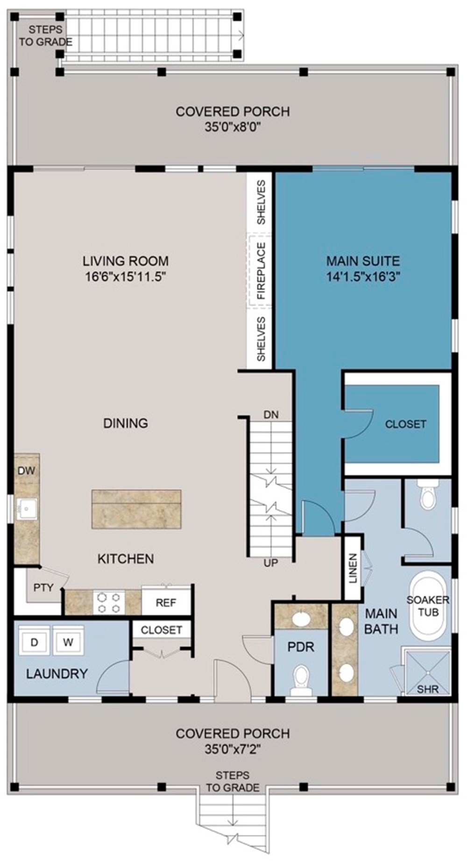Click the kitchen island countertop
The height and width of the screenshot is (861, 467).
pyautogui.click(x=136, y=508)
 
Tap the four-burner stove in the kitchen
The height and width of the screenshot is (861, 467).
pyautogui.click(x=109, y=602)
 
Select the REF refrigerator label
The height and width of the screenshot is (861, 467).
pyautogui.click(x=166, y=602)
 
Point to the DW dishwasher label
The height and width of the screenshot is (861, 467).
pyautogui.click(x=26, y=471)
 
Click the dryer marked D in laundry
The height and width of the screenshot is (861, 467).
pyautogui.click(x=34, y=642)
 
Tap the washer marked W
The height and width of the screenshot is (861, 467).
pyautogui.click(x=68, y=642)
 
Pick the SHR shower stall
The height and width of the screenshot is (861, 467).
pyautogui.click(x=427, y=672)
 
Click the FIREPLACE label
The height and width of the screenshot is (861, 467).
pyautogui.click(x=261, y=271)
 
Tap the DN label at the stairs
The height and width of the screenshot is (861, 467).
pyautogui.click(x=271, y=414)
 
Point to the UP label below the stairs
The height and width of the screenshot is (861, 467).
pyautogui.click(x=271, y=563)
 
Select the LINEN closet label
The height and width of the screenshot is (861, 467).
pyautogui.click(x=353, y=568)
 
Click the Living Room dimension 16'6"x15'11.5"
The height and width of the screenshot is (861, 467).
pyautogui.click(x=126, y=276)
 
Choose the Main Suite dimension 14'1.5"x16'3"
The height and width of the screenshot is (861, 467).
pyautogui.click(x=363, y=276)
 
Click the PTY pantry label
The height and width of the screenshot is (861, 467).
pyautogui.click(x=43, y=587)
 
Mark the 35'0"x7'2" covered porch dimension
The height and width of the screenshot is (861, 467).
pyautogui.click(x=232, y=749)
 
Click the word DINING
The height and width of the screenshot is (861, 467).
pyautogui.click(x=126, y=423)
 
